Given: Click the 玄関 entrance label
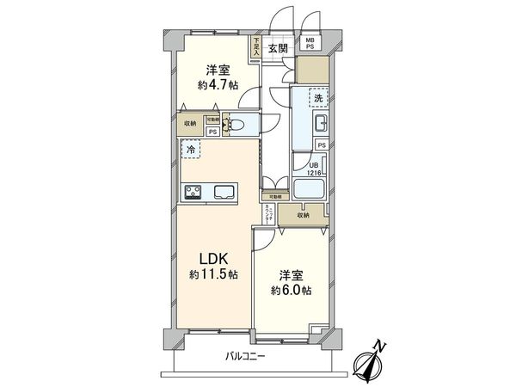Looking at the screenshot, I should coord(276,49).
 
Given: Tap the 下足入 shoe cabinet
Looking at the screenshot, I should coord(256,48).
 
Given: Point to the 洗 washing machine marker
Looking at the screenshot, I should coord(319,98).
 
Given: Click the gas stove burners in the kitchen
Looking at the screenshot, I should coord(192,192).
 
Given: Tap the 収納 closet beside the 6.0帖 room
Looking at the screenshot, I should coord(304,216).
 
